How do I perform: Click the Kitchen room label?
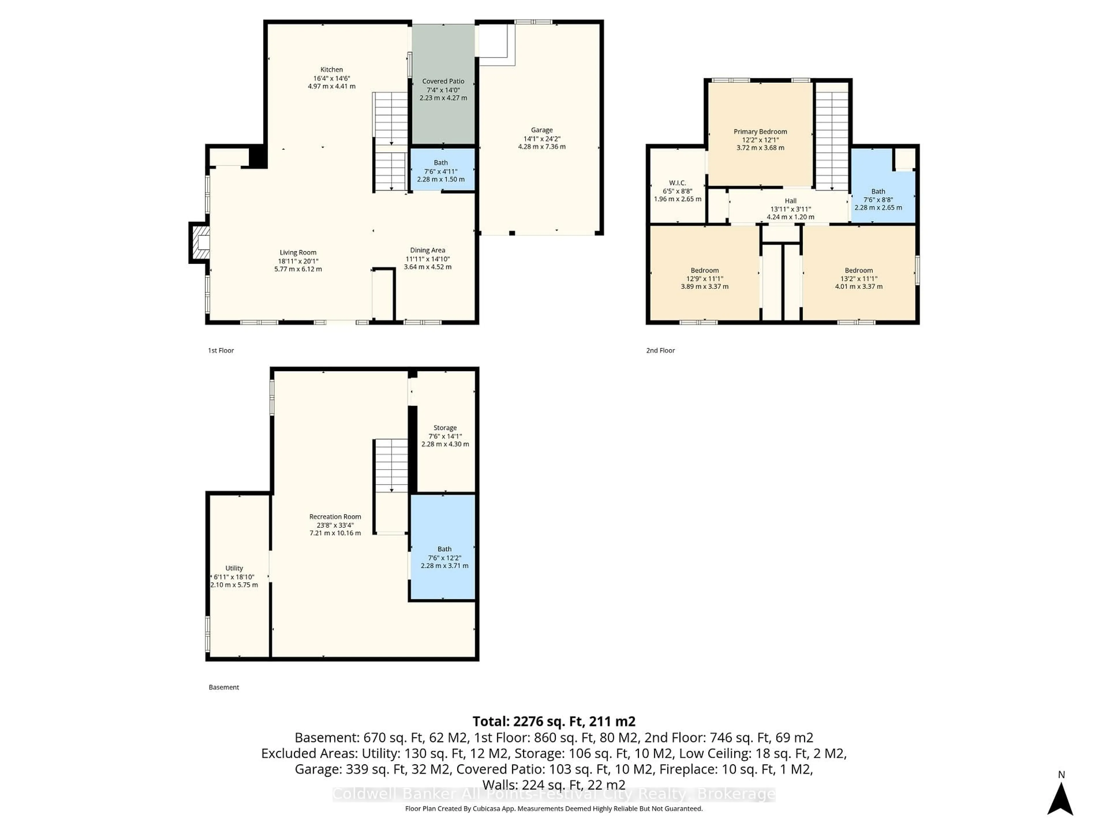click(x=332, y=70)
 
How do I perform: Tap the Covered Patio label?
click(x=443, y=81)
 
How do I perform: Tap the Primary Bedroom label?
click(x=760, y=132)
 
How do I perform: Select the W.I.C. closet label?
click(x=677, y=183)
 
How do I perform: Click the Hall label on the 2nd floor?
click(x=790, y=201)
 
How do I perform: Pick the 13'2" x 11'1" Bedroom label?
click(x=858, y=270)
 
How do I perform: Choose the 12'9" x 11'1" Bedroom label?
click(x=704, y=270)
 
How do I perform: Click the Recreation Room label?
click(x=335, y=516)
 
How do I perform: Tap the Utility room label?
click(x=234, y=568)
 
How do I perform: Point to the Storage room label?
click(x=445, y=428)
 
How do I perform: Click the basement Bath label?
click(x=444, y=549)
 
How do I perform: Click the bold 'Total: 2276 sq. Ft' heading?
click(x=553, y=721)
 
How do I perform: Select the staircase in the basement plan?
click(x=391, y=466)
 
